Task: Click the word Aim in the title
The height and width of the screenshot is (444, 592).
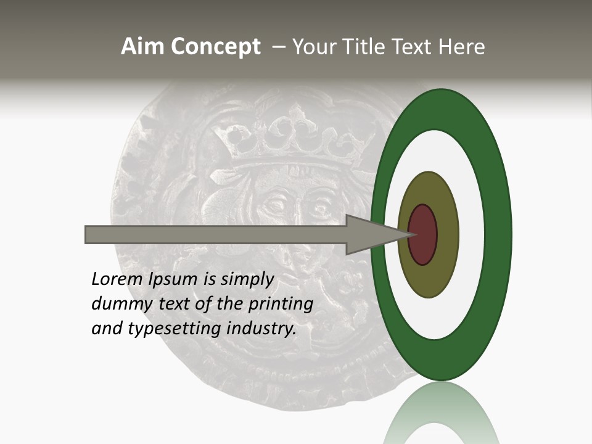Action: click(142, 47)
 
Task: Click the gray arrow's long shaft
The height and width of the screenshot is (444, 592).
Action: click(216, 235)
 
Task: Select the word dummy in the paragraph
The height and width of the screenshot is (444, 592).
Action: click(121, 304)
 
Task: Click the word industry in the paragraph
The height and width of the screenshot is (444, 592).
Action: click(261, 328)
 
